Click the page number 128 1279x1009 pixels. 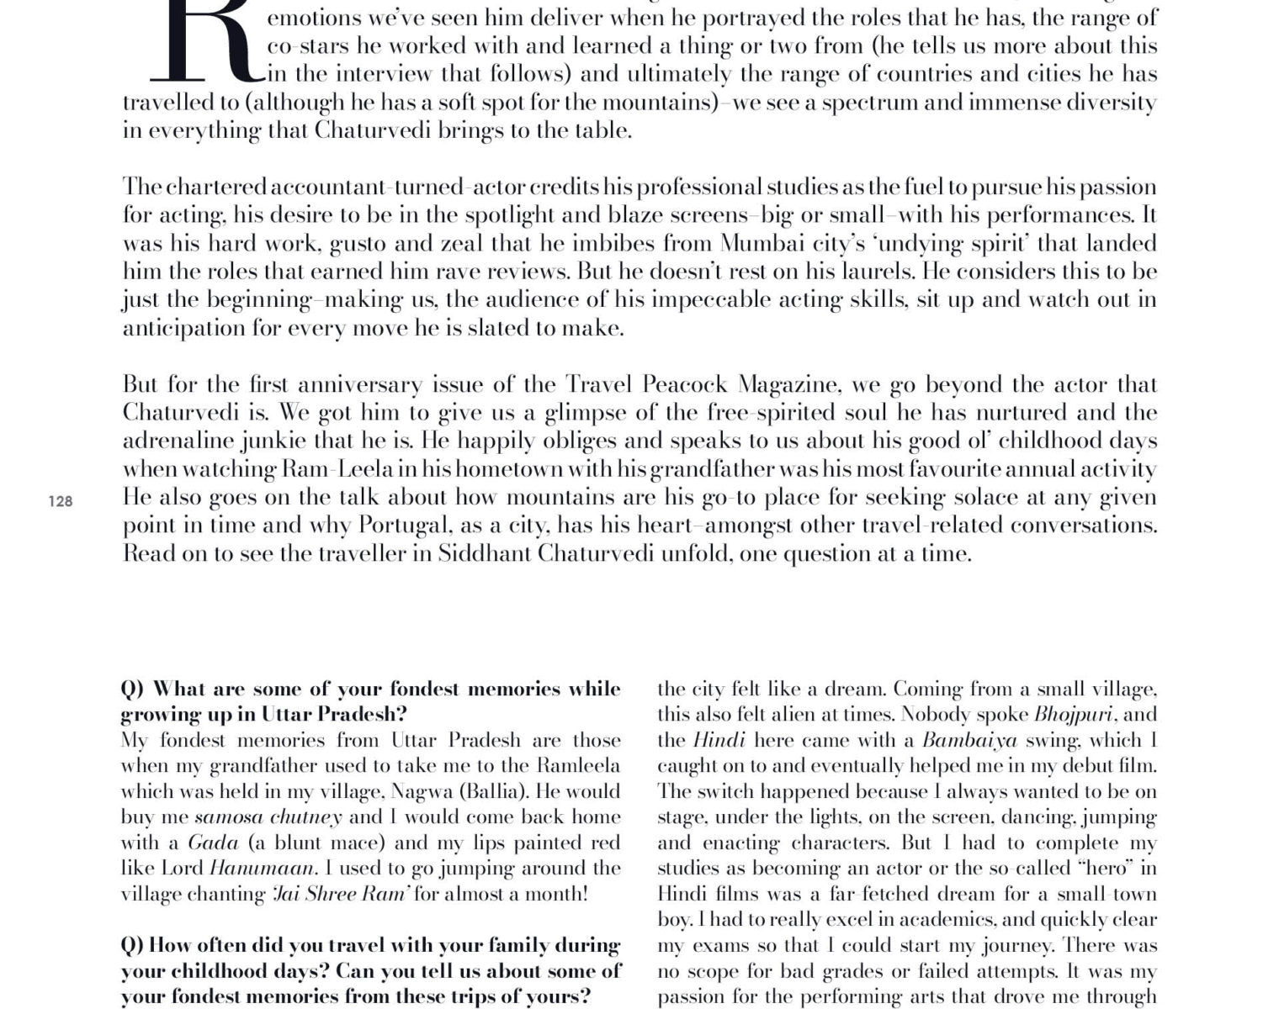[x=61, y=502]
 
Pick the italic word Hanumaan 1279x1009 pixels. [x=261, y=869]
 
